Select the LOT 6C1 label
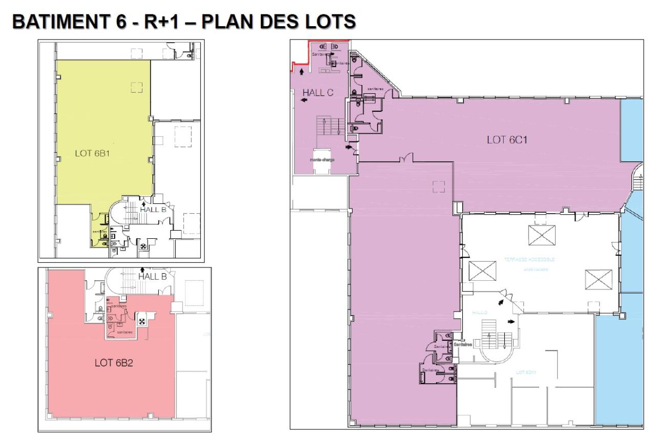503,139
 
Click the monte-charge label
322,160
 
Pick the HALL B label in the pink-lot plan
152,276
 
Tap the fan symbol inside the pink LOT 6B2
142,321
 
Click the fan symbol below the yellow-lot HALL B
143,245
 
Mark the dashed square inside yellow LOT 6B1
136,87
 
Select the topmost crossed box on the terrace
543,236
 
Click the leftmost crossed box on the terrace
482,270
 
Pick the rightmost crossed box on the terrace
599,279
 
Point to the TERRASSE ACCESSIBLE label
529,260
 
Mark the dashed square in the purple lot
438,187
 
